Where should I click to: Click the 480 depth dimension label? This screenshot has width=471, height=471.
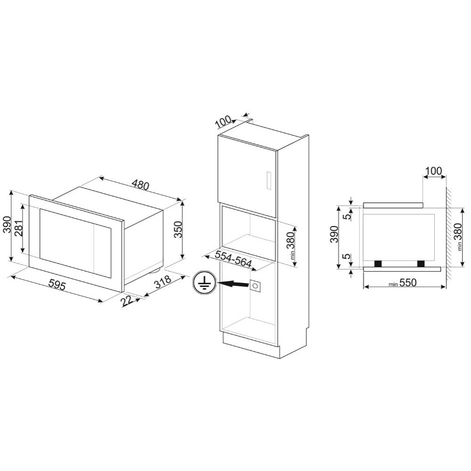[140, 185]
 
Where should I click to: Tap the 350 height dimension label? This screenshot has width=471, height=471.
[178, 229]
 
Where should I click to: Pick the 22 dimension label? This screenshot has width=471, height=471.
[128, 301]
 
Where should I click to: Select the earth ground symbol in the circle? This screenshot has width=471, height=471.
[204, 283]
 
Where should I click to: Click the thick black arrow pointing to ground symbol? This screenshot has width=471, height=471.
[234, 284]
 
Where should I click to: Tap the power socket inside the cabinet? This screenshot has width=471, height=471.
[255, 286]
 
